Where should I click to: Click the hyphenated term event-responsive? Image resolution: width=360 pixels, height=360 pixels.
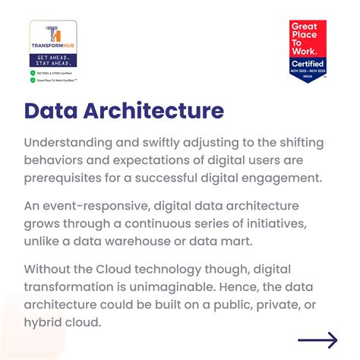pos(108,207)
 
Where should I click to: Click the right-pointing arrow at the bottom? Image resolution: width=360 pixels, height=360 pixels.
pos(317,340)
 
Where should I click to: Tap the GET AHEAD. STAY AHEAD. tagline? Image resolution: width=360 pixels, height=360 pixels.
pos(52,60)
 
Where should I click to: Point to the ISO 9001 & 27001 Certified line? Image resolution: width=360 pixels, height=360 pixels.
pos(57,73)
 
